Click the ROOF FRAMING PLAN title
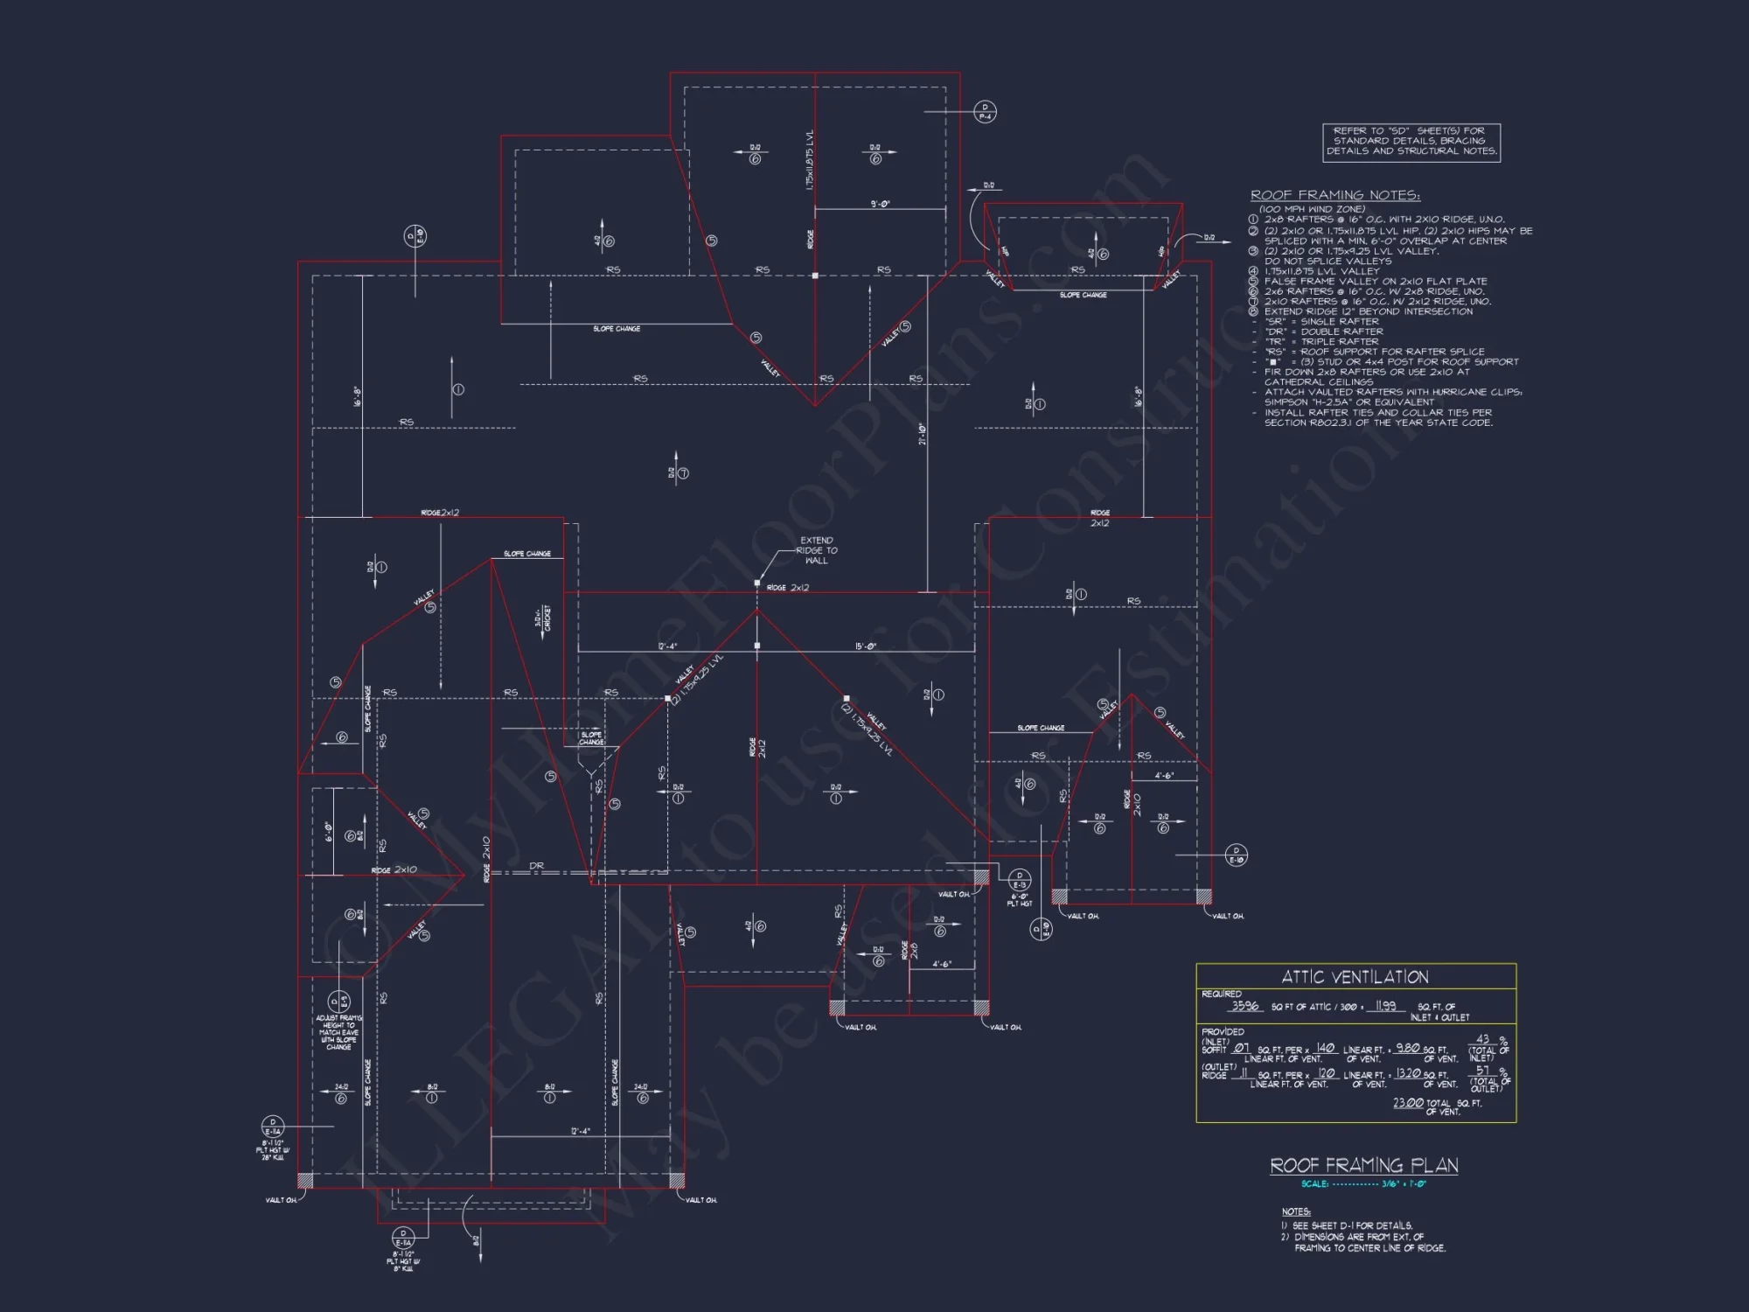tap(1363, 1165)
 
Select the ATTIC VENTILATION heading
tap(1355, 977)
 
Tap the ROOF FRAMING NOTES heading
tap(1334, 195)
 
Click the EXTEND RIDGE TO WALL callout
tap(817, 550)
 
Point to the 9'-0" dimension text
tap(880, 204)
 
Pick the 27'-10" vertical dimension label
tap(923, 435)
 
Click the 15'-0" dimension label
tap(866, 646)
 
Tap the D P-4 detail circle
tap(985, 112)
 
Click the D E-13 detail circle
tap(1020, 879)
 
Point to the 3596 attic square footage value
tap(1245, 1006)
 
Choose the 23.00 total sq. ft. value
tap(1408, 1103)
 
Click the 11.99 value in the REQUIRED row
tap(1385, 1006)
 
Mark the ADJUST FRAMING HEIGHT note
tap(338, 1032)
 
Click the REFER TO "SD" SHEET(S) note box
tap(1411, 142)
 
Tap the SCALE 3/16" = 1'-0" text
tap(1363, 1184)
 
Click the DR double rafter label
tap(536, 866)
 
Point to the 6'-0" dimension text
tap(329, 831)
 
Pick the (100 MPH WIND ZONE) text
tap(1312, 209)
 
